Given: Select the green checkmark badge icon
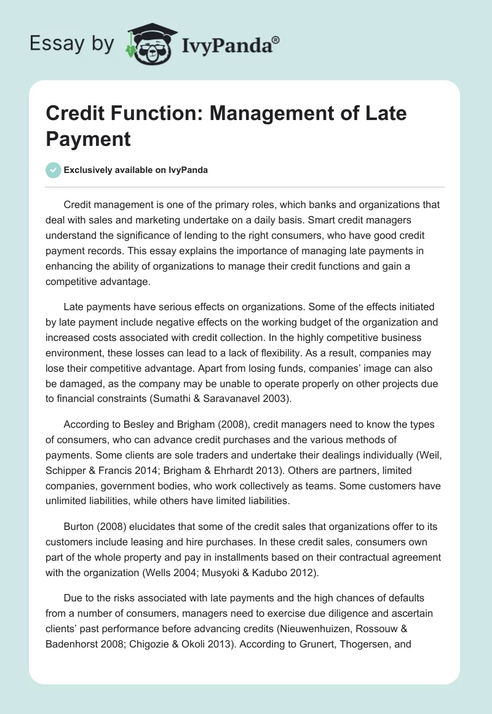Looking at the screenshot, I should pos(54,170).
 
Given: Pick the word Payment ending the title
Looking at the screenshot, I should pos(89,138).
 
